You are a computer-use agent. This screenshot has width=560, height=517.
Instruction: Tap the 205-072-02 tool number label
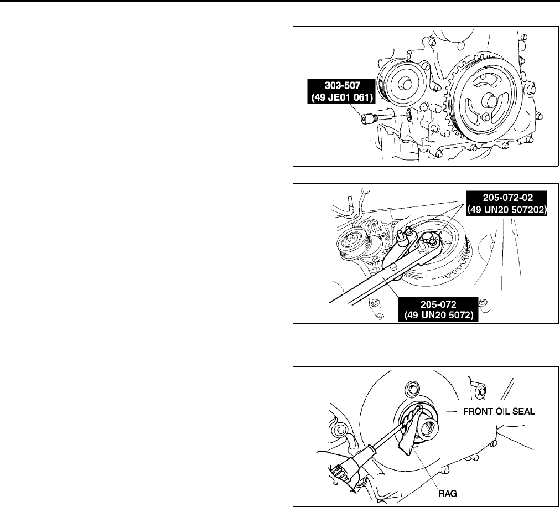pos(506,197)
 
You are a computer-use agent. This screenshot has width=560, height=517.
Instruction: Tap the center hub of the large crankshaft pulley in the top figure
pos(488,103)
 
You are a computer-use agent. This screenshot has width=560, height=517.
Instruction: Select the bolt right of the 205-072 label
pos(483,302)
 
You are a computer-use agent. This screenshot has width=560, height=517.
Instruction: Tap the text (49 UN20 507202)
pos(506,209)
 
